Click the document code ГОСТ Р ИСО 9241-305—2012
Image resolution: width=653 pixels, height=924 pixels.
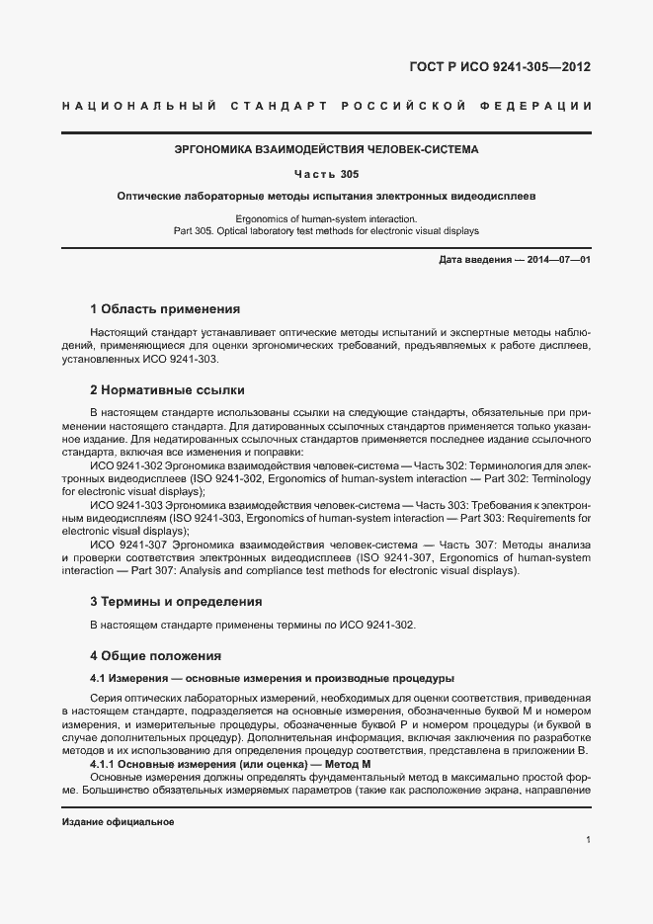pos(499,68)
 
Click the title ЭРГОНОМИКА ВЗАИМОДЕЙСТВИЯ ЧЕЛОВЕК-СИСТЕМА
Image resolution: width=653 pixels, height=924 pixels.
pos(325,150)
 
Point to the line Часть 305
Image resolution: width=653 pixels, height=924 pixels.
pos(325,174)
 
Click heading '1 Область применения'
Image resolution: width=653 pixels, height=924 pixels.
pos(165,308)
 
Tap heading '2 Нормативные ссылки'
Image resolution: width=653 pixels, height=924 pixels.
pos(167,390)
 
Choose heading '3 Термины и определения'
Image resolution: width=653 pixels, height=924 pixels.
pos(176,600)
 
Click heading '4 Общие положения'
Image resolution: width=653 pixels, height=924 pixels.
pos(156,655)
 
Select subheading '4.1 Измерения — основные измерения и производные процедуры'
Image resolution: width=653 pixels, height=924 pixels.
pos(272,678)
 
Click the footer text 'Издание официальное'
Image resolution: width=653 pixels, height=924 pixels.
pos(118,821)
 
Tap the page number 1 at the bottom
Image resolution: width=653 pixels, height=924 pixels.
pos(588,840)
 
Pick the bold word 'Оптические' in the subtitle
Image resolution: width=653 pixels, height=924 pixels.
pos(148,197)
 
